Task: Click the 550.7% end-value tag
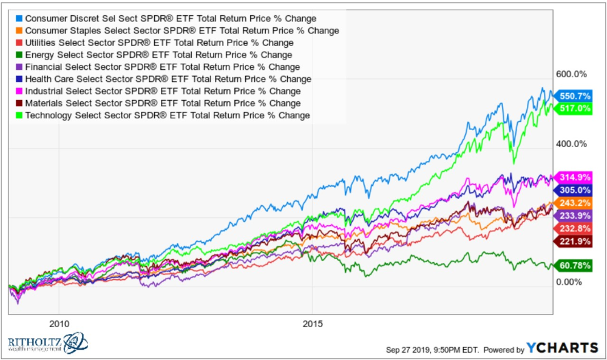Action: (x=574, y=96)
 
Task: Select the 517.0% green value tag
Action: (x=574, y=108)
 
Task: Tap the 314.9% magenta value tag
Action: (x=574, y=178)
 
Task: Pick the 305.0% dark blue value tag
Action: (x=574, y=189)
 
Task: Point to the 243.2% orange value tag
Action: (x=574, y=203)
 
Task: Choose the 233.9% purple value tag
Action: (x=574, y=216)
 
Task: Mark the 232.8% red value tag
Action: (x=574, y=228)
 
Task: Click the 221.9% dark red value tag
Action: (x=574, y=241)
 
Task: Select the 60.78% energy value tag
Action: (x=574, y=265)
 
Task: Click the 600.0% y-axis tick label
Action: (x=571, y=74)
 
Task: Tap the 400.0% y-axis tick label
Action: (x=571, y=144)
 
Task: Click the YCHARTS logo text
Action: (x=563, y=348)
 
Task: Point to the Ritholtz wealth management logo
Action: (x=47, y=344)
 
